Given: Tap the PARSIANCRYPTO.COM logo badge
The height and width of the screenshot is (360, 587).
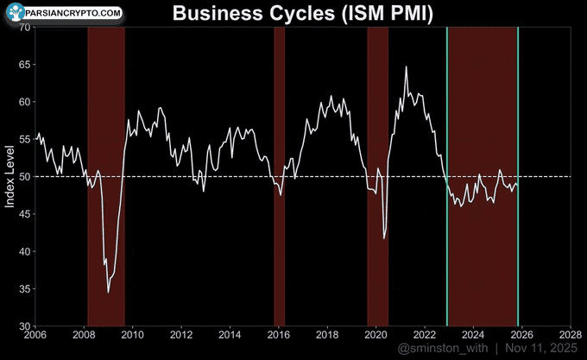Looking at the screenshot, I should (62, 14).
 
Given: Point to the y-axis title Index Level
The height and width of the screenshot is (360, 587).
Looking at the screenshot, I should (10, 177).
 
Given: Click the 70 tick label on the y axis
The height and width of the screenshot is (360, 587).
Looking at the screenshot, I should (25, 28).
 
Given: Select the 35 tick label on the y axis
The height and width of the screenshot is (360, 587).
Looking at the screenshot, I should (25, 288).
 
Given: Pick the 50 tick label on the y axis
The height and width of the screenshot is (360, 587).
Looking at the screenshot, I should (25, 177).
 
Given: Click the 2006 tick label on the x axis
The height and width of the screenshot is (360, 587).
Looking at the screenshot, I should (35, 334).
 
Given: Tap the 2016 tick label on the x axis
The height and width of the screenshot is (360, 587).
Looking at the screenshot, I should (278, 334).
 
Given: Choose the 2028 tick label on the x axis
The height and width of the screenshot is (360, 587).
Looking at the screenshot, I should (570, 334).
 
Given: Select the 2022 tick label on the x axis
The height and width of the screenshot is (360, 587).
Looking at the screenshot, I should (424, 334).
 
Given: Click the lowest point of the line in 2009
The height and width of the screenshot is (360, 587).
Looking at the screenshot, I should (109, 293).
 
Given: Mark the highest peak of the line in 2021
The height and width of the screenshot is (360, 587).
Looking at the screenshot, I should (406, 66).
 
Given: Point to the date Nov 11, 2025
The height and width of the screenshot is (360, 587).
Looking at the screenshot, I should (542, 348).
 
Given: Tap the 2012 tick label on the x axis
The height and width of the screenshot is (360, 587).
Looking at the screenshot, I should (181, 334).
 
